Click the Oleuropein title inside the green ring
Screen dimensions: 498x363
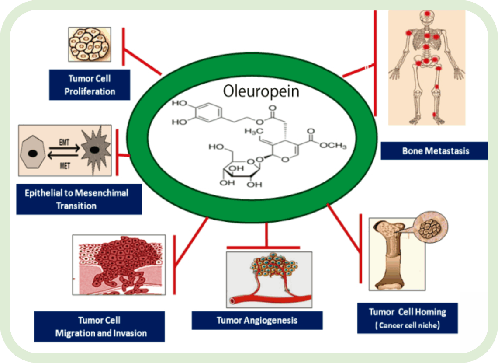tap(261, 91)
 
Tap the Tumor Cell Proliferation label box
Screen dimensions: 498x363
tap(90, 85)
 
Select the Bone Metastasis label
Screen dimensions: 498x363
tap(435, 151)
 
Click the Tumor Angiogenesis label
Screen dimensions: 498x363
tap(257, 321)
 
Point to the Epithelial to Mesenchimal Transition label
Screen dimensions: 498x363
tap(79, 199)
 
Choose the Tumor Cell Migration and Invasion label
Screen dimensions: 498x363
tap(100, 326)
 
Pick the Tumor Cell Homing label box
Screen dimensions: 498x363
tap(408, 318)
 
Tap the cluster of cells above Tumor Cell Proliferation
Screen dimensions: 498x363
tap(90, 44)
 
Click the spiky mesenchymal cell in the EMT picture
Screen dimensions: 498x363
tap(95, 150)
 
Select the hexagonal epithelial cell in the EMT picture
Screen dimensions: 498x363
tap(32, 153)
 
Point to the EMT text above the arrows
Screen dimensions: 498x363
tap(64, 142)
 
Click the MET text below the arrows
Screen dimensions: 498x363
tap(65, 166)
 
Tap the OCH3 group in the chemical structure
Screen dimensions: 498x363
tap(333, 146)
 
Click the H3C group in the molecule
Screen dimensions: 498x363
tap(254, 131)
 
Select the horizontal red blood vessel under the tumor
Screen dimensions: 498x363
tap(270, 299)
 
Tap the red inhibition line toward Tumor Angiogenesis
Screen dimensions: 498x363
tap(266, 235)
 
